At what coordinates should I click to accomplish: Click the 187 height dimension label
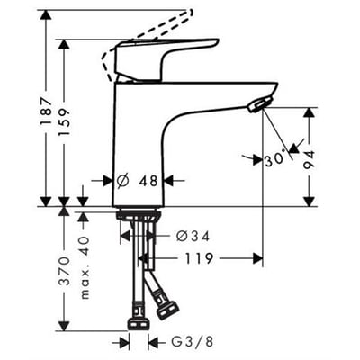[47, 111]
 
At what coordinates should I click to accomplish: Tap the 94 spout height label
[310, 160]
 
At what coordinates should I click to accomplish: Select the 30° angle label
[274, 159]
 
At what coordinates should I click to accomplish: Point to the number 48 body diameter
[148, 181]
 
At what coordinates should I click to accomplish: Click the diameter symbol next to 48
[123, 181]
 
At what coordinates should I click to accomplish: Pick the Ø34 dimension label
[193, 237]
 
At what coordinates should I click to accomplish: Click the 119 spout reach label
[199, 258]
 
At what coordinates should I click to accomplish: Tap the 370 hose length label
[64, 271]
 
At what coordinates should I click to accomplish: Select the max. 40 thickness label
[85, 267]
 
